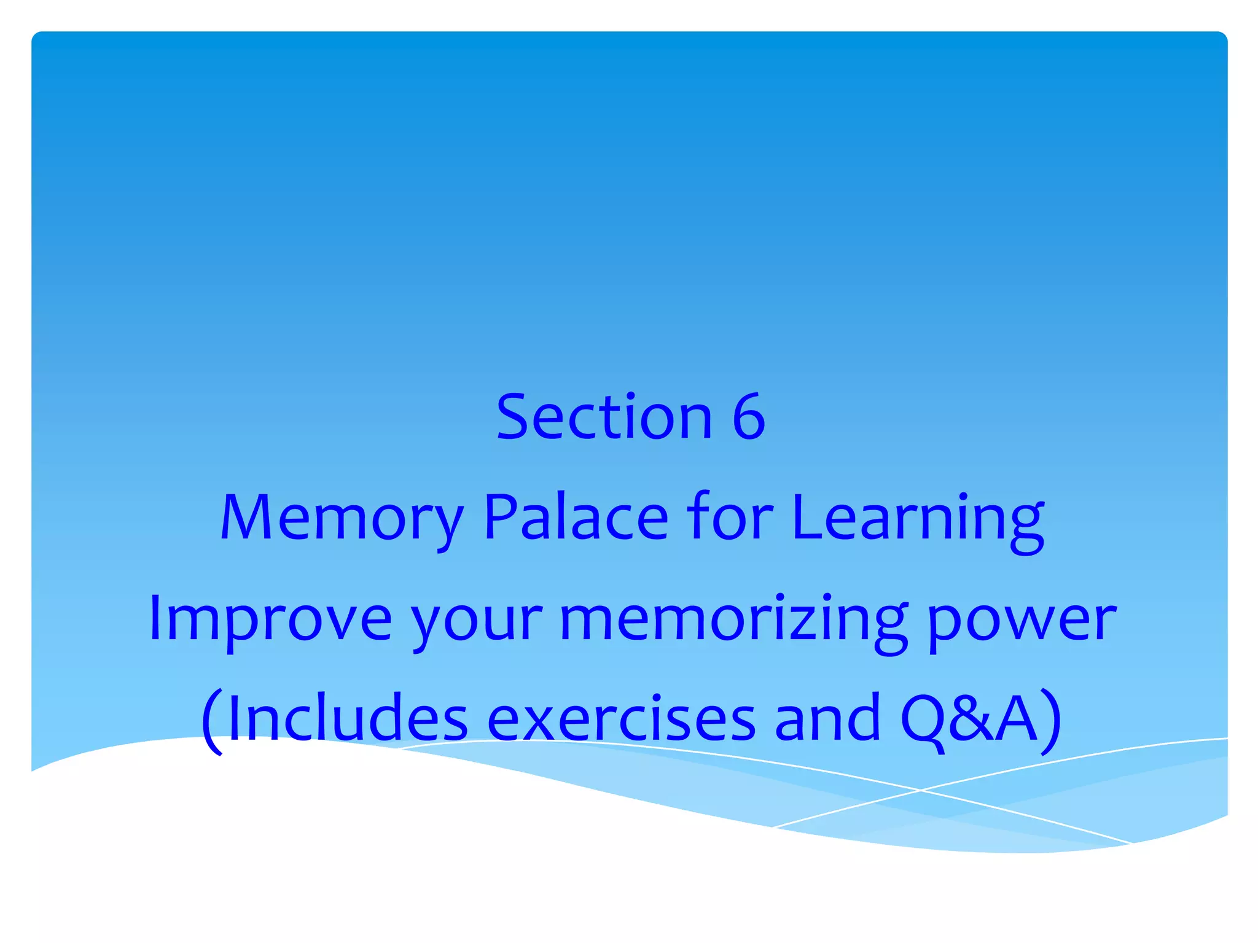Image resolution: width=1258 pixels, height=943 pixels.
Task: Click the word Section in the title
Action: pos(604,417)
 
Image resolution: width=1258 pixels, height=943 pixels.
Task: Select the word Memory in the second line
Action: pos(342,519)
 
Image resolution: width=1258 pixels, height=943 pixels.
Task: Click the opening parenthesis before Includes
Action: pos(212,721)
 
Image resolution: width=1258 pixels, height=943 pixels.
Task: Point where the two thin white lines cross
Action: pos(920,790)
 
